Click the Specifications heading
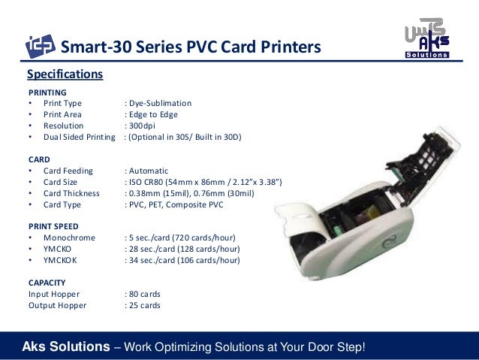pos(65,74)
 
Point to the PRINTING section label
pos(47,92)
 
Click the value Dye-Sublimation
pos(159,103)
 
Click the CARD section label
pos(39,159)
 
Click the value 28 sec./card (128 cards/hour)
pos(183,249)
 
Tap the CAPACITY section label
pos(50,283)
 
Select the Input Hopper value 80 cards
pos(143,294)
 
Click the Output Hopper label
pos(57,305)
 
